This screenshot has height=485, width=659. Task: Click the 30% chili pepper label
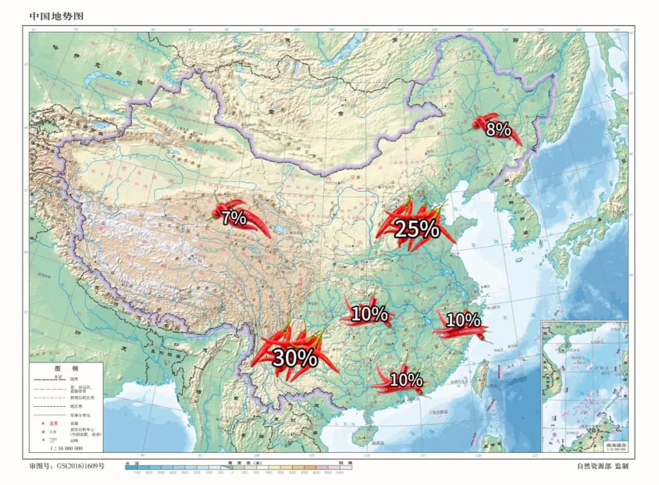point(294,358)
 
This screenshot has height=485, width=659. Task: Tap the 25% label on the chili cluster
point(417,228)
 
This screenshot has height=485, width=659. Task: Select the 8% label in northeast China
point(498,129)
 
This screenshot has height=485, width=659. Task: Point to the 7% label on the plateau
point(233,217)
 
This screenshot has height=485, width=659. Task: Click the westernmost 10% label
point(369,314)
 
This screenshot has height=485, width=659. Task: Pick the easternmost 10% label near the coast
point(463,319)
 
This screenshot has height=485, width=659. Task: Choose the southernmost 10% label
point(406,380)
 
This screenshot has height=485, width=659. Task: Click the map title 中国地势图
point(56,15)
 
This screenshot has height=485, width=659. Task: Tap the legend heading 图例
point(67,369)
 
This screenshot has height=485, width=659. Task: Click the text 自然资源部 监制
point(602,466)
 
